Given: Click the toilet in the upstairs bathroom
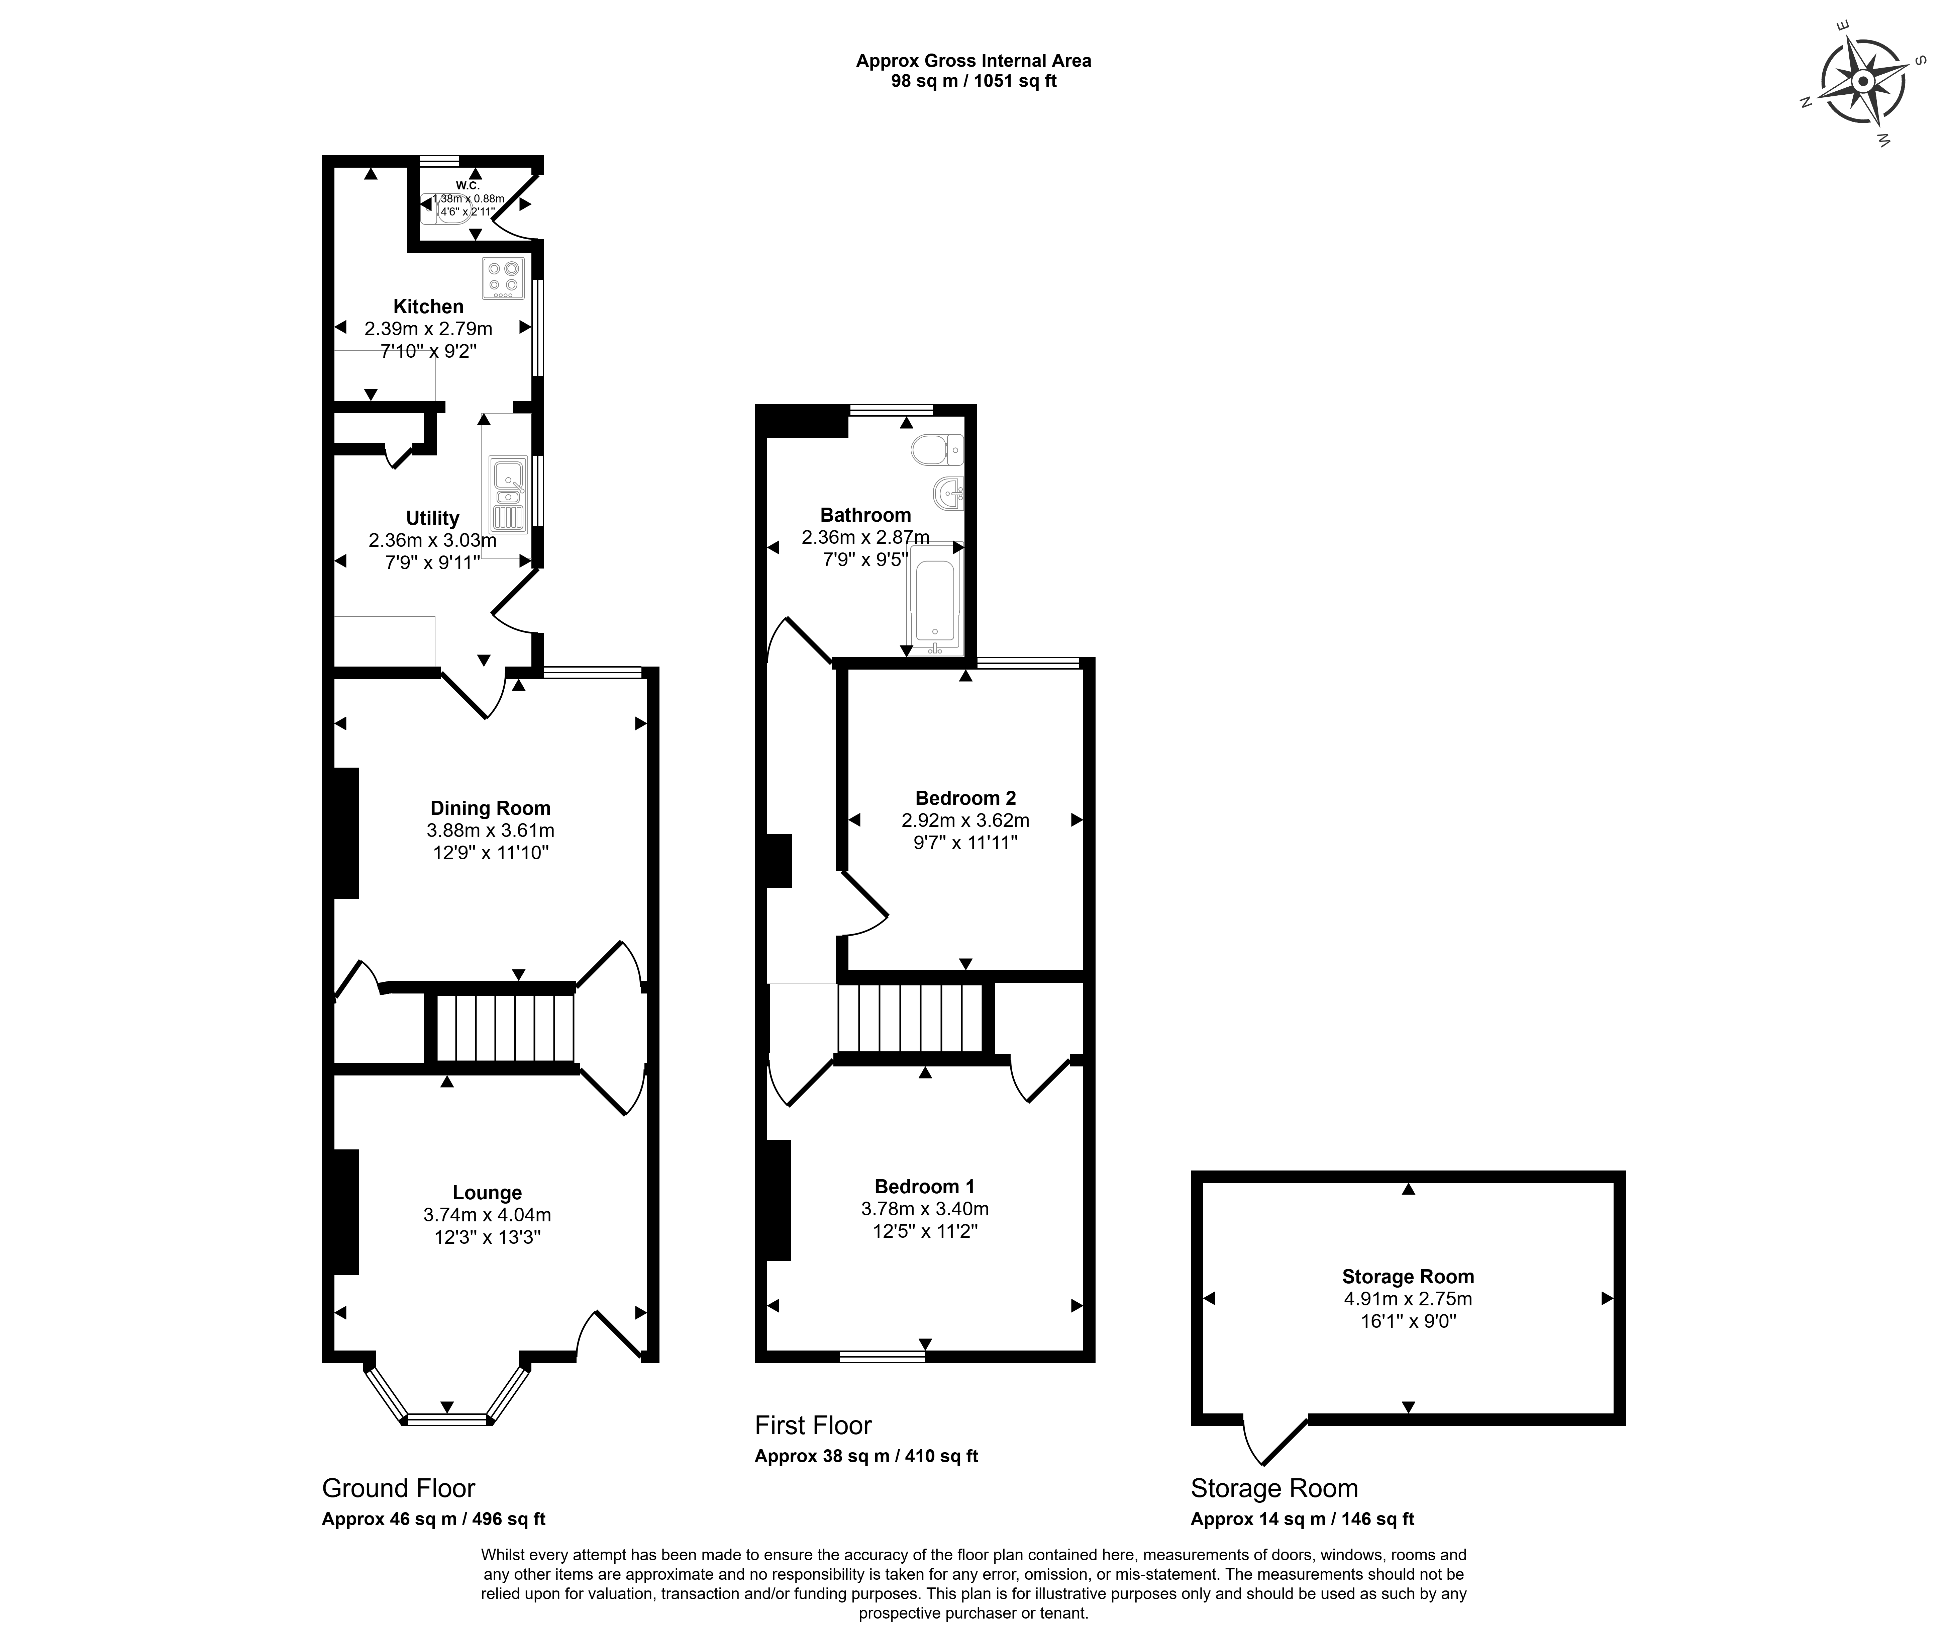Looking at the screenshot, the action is pyautogui.click(x=937, y=450).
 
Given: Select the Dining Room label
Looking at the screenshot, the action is pyautogui.click(x=490, y=808).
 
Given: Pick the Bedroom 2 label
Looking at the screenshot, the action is pyautogui.click(x=965, y=798).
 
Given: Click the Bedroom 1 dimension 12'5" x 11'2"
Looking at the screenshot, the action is pyautogui.click(x=925, y=1231).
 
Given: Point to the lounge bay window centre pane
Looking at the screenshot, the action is pyautogui.click(x=447, y=1420).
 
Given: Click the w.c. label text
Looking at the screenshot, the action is pyautogui.click(x=468, y=185).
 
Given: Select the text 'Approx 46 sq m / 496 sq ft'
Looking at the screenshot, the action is pyautogui.click(x=433, y=1519).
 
